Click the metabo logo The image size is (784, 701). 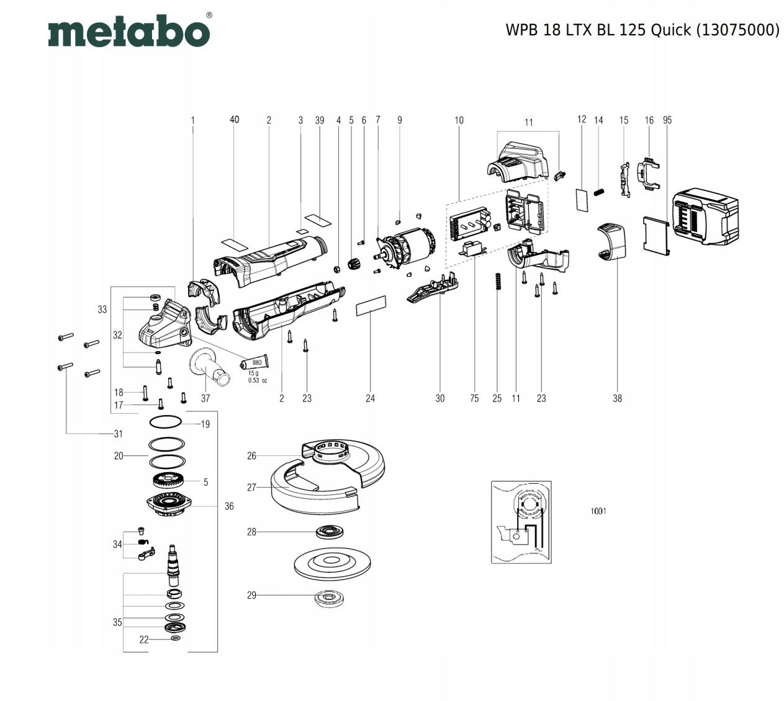click(x=130, y=30)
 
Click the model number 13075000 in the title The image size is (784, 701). click(x=737, y=30)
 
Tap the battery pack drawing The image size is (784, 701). click(x=705, y=217)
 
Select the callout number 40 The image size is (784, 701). click(x=235, y=120)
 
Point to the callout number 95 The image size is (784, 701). click(x=667, y=120)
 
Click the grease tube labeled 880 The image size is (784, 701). click(x=255, y=362)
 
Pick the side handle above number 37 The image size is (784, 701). click(x=209, y=366)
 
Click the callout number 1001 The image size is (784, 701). click(x=598, y=511)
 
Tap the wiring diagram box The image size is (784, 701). click(x=521, y=522)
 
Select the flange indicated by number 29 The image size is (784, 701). click(x=330, y=599)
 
